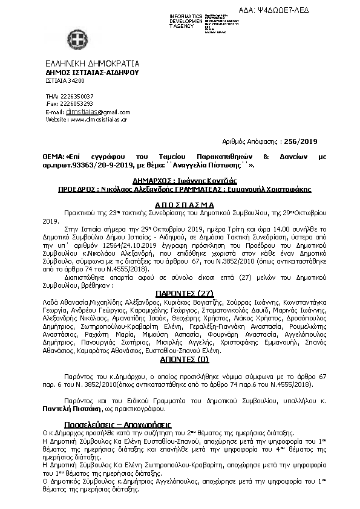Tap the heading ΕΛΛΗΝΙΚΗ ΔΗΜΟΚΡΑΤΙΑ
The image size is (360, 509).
pyautogui.click(x=93, y=63)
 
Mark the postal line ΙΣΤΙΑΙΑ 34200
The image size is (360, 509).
pyautogui.click(x=65, y=80)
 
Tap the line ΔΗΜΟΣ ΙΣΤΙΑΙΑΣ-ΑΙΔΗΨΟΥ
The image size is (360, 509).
pyautogui.click(x=92, y=72)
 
